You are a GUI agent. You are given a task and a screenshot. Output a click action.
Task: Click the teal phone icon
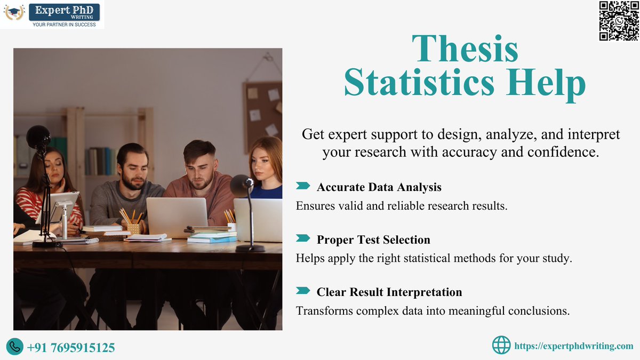(15, 347)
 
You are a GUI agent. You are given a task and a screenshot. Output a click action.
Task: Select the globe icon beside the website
(501, 346)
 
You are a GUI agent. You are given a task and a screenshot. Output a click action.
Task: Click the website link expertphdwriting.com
(573, 346)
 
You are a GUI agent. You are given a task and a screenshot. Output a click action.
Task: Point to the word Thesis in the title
(465, 49)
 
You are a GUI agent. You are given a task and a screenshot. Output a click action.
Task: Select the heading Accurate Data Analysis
(379, 187)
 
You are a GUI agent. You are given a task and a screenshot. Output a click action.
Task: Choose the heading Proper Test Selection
(373, 239)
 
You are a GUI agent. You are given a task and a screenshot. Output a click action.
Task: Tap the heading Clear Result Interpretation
(389, 292)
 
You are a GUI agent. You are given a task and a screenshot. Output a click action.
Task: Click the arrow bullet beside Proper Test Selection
(302, 238)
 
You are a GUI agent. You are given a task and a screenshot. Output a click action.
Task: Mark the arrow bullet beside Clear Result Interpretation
(302, 291)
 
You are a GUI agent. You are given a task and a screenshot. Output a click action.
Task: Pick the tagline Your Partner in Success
(64, 25)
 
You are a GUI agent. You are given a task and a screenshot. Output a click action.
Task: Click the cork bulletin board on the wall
(263, 109)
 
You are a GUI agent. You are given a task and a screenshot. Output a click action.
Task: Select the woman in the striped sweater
(51, 192)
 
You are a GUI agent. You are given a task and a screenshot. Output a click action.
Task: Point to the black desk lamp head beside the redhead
(242, 186)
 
